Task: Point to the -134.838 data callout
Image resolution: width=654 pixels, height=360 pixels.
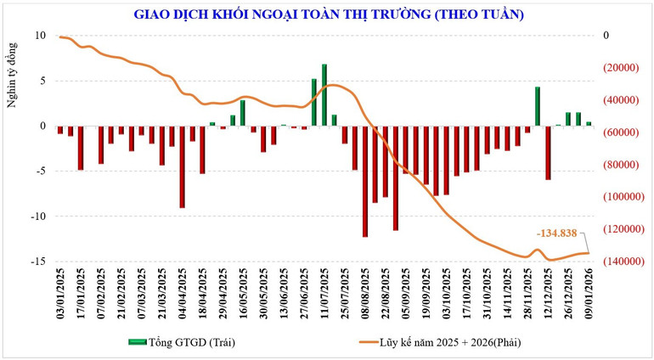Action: (557, 232)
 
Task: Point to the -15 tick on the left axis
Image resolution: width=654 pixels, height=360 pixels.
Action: (38, 262)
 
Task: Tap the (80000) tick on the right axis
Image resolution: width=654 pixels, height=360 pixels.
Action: (624, 165)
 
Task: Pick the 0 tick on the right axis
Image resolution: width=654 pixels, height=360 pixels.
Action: (606, 36)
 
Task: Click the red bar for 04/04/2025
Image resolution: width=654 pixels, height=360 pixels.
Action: (182, 166)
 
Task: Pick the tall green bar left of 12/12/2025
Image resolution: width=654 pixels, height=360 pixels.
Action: (538, 106)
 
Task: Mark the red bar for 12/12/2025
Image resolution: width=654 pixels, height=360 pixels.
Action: (548, 152)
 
